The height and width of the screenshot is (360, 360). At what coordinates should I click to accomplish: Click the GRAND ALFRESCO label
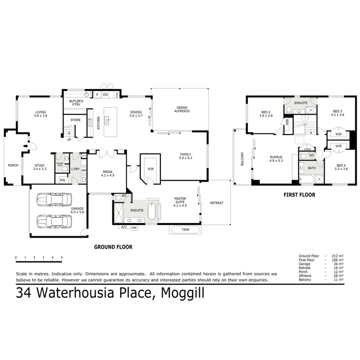pos(182,109)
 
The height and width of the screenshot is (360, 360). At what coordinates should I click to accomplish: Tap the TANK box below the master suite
pos(185,229)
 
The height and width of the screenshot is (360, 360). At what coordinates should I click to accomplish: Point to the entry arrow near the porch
pos(25,146)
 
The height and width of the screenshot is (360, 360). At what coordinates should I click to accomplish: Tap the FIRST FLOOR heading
pos(299,195)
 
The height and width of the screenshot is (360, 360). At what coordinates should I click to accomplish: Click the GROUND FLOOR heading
pos(114,247)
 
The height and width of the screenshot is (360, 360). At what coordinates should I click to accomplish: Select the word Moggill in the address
pos(182,293)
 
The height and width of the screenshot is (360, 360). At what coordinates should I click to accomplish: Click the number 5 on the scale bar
pos(62,257)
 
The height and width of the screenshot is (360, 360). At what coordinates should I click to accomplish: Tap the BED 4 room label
pos(341,166)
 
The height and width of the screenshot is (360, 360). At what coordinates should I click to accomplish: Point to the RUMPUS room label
pos(276,159)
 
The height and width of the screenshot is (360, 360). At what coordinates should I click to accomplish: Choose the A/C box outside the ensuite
pos(125,227)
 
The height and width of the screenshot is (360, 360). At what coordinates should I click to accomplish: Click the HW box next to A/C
pos(134,228)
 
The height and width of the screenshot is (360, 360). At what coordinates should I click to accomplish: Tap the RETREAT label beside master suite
pos(216,203)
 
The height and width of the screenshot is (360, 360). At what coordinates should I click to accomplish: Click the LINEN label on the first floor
pos(307,149)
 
